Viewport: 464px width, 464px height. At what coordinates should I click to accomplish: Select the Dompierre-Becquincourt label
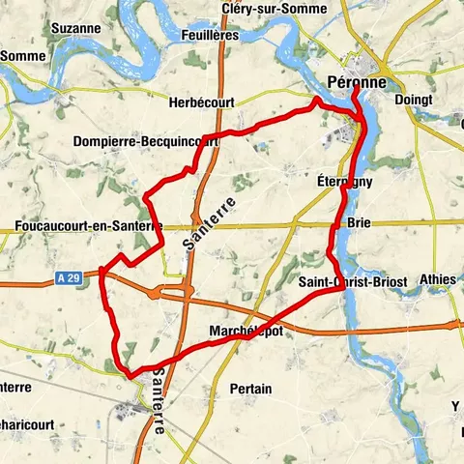pos(145,140)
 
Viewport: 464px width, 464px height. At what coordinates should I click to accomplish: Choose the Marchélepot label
pos(246,331)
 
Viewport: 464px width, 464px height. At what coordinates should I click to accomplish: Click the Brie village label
pos(358,221)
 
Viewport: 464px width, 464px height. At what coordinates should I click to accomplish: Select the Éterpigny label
pos(344,181)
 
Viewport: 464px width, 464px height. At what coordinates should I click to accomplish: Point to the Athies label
pos(438,279)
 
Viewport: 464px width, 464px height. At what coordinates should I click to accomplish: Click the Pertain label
pos(250,387)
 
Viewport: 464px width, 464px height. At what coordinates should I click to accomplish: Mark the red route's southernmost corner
pos(128,369)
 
